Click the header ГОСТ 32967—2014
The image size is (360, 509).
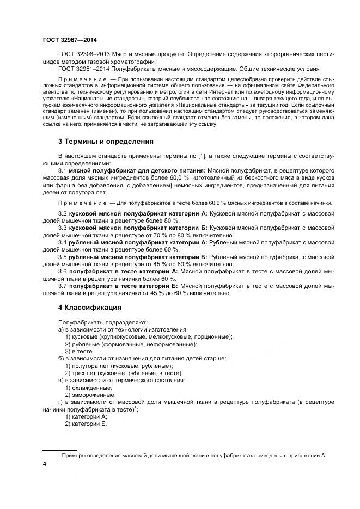[x=70, y=40]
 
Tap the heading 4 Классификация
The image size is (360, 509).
[x=89, y=307]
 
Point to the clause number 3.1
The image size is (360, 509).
[x=62, y=170]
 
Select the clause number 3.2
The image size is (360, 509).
[x=62, y=213]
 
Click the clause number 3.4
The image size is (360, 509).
[x=62, y=241]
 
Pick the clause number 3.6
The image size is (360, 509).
[x=62, y=270]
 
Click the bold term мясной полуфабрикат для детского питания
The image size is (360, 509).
[x=137, y=170]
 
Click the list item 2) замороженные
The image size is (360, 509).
[x=90, y=394]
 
